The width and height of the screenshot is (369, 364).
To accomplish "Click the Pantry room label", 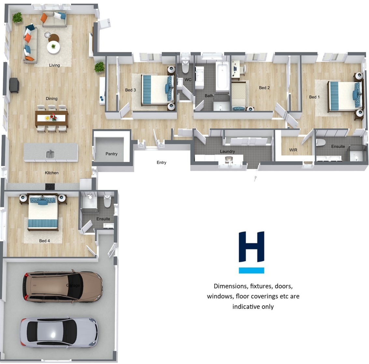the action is coord(111,154).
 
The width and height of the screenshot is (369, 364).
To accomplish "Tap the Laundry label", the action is coord(227,151).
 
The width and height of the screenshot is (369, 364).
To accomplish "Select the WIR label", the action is coord(293,150).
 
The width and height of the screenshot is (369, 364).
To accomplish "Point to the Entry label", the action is coord(162,162).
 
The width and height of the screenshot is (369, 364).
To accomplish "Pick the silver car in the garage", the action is coord(60,333).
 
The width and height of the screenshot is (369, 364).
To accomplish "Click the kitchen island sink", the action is coord(50,154).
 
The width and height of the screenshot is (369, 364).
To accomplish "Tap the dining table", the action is coord(52,118).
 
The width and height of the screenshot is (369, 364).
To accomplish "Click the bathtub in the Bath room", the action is coord(222,76).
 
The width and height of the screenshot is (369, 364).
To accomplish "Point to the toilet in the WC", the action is coord(185,67).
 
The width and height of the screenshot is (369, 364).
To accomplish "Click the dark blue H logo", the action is coord(251,247).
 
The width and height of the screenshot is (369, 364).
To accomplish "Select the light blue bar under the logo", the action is coord(251,270).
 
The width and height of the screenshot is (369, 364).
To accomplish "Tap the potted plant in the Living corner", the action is coord(17,18).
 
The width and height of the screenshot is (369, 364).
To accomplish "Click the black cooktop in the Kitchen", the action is coord(50,187).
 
